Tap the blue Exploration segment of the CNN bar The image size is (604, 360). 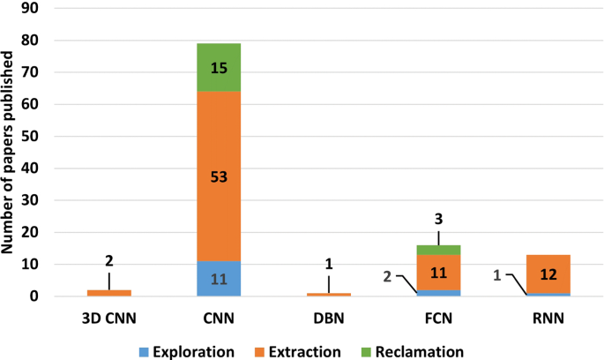click(220, 279)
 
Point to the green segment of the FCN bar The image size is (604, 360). click(438, 250)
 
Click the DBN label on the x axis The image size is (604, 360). click(328, 319)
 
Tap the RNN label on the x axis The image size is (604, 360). click(548, 319)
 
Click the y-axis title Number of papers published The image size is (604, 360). click(11, 153)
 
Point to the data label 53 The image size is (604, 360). click(220, 176)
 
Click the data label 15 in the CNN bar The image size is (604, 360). click(220, 67)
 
